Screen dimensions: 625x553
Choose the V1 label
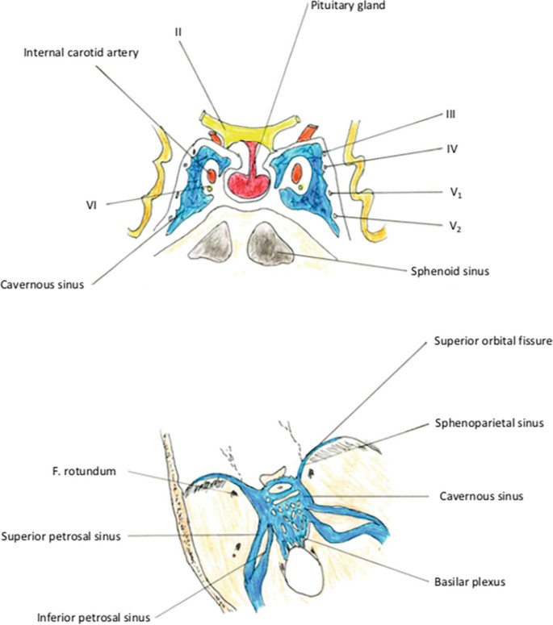click(456, 194)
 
